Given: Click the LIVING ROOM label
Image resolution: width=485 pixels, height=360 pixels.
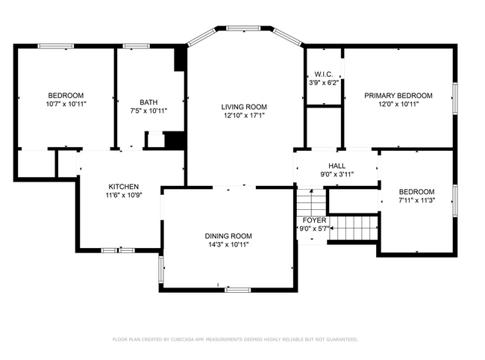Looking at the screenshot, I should point(244,107).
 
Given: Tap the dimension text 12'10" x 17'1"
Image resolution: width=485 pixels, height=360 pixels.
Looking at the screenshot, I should point(244,116).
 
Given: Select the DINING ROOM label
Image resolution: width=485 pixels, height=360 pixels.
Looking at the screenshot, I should point(228,235).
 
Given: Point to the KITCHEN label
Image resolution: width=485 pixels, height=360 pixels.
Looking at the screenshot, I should point(123,186).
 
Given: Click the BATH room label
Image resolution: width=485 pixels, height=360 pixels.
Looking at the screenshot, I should point(148,102).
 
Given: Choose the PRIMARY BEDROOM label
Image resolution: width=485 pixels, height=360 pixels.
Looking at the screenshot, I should point(398,96).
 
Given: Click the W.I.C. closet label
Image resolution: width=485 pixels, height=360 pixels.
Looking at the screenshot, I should point(323,74).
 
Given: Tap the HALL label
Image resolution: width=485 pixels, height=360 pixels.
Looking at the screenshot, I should point(337,165).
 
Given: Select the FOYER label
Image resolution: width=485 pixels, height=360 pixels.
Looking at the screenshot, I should point(313,221).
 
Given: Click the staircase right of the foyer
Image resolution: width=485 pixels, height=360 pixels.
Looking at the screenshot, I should point(354,226).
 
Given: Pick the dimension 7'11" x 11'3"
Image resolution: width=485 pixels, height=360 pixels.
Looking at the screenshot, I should point(416,200).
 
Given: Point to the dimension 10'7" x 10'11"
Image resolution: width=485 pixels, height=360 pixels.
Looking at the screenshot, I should point(66,104).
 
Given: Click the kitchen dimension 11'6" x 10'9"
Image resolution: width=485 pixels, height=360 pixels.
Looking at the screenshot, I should point(123,195).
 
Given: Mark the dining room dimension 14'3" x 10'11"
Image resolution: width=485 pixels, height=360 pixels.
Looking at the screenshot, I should point(228,244).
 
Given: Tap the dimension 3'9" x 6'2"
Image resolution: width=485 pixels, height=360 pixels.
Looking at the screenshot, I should point(323,83).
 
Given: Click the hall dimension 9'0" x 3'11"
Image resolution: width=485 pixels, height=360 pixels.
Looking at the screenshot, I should point(337,174).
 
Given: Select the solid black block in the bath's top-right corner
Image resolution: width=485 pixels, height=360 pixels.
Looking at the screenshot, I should point(180,59).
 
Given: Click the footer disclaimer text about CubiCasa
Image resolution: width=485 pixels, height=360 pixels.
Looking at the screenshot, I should point(235,339).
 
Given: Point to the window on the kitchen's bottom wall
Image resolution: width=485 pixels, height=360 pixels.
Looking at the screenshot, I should point(117,250).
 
